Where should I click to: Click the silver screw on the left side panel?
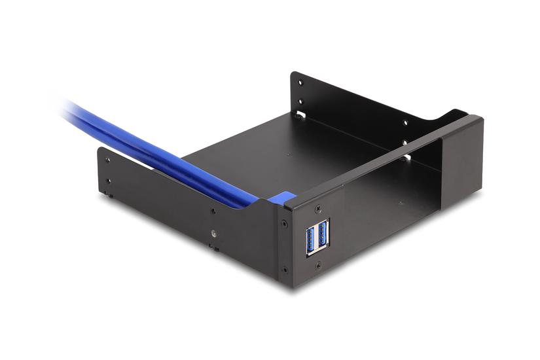click(214, 232)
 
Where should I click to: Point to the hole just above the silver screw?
click(213, 211)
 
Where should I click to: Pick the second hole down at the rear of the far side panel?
click(301, 100)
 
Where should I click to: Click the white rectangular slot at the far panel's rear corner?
click(300, 115)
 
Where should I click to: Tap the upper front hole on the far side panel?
click(405, 122)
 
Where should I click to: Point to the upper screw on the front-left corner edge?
click(283, 223)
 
